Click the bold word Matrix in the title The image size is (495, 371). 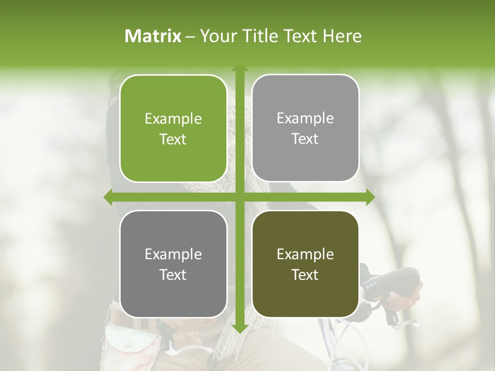[153, 36]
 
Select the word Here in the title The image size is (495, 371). [342, 36]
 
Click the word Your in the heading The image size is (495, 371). [219, 36]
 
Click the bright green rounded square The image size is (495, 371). [173, 129]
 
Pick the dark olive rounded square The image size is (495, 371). [305, 264]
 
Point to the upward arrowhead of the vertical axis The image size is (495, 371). [239, 68]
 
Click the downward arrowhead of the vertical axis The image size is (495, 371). [239, 328]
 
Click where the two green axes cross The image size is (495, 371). [239, 197]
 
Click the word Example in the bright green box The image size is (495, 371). [173, 119]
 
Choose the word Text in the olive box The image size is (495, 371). [305, 275]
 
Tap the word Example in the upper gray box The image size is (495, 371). [305, 119]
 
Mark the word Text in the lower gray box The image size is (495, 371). [173, 275]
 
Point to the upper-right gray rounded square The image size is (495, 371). [305, 128]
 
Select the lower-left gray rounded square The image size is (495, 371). [173, 264]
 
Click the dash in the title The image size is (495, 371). [190, 36]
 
